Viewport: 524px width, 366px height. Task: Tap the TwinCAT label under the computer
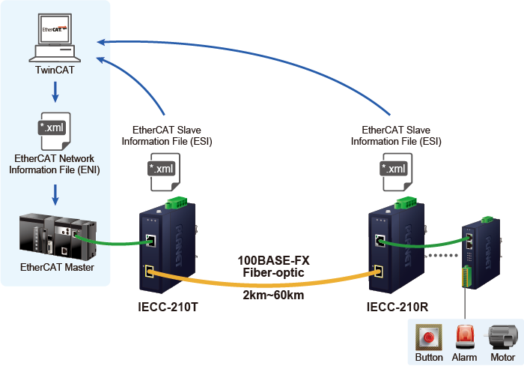click(55, 70)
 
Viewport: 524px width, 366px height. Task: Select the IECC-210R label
click(398, 307)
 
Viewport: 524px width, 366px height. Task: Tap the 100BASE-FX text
click(273, 260)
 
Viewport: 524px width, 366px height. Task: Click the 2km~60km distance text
click(273, 295)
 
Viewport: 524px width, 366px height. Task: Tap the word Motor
click(500, 358)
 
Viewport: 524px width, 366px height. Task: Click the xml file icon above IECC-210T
click(162, 171)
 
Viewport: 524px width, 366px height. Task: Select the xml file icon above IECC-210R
click(394, 171)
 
